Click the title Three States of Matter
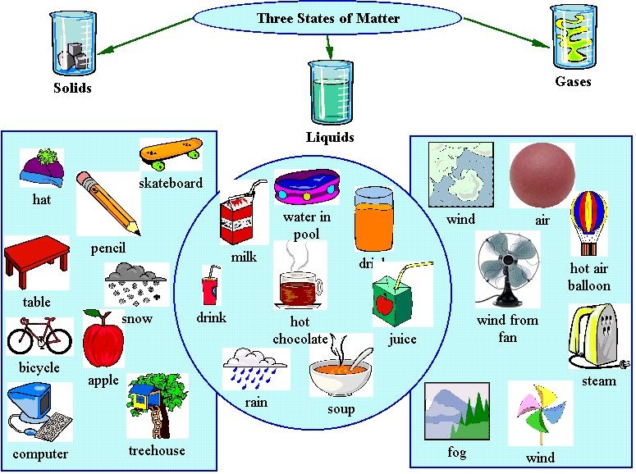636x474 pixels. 327,18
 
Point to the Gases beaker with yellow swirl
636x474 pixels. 572,37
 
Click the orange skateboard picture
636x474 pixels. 171,153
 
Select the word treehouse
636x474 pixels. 157,450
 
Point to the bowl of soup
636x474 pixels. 338,374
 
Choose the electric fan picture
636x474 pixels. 506,271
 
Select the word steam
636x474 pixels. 599,381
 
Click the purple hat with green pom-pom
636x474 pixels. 42,169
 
